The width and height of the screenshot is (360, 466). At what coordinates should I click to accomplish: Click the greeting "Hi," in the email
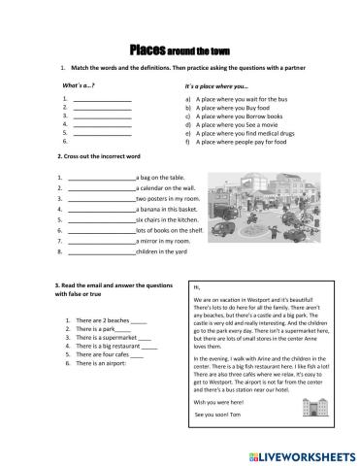tap(198, 287)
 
